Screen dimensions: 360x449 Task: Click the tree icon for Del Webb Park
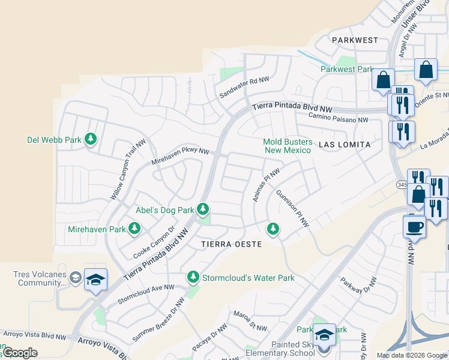click(x=91, y=140)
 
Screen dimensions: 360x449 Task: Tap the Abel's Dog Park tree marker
click(x=203, y=209)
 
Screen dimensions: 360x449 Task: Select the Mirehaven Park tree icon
click(x=134, y=229)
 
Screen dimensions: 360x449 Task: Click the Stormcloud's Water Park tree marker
click(x=193, y=277)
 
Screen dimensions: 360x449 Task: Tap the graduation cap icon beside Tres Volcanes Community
click(x=95, y=280)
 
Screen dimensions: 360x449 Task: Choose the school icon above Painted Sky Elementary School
click(x=325, y=334)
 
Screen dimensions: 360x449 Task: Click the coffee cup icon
click(x=414, y=227)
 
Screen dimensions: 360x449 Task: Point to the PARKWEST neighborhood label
click(x=355, y=40)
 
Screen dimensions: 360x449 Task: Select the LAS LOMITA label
click(x=345, y=145)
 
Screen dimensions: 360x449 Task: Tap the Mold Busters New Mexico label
click(x=288, y=146)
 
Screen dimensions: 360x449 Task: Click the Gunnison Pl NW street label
click(x=292, y=209)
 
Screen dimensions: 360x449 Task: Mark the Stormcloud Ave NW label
click(x=146, y=293)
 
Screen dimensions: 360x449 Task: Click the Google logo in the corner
click(x=19, y=353)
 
